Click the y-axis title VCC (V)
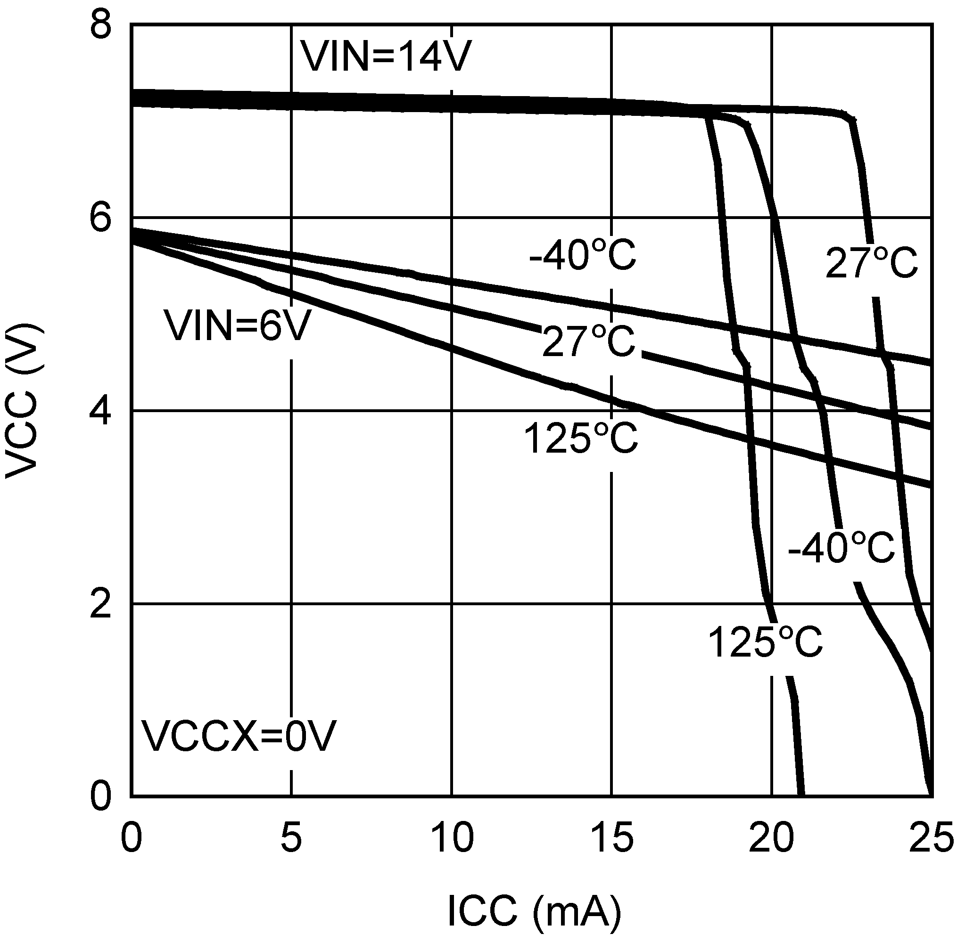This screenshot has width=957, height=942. point(22,401)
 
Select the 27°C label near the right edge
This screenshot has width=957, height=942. point(871,264)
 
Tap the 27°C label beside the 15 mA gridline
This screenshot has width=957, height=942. point(588,341)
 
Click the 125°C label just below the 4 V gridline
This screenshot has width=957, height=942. point(580,439)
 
